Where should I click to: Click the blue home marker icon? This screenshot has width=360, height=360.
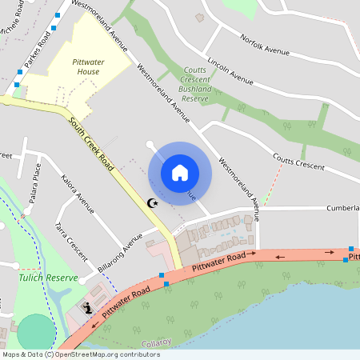tap(180, 172)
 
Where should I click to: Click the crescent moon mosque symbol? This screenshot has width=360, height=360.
tap(154, 205)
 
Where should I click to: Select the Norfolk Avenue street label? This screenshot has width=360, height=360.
tap(263, 42)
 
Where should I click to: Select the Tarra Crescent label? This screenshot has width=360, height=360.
tap(71, 239)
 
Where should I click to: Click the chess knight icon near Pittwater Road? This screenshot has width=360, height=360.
tap(87, 308)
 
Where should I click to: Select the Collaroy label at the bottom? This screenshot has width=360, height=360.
tap(156, 342)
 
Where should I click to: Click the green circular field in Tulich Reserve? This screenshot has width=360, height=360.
tap(34, 332)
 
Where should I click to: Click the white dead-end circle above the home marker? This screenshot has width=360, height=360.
tap(150, 144)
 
